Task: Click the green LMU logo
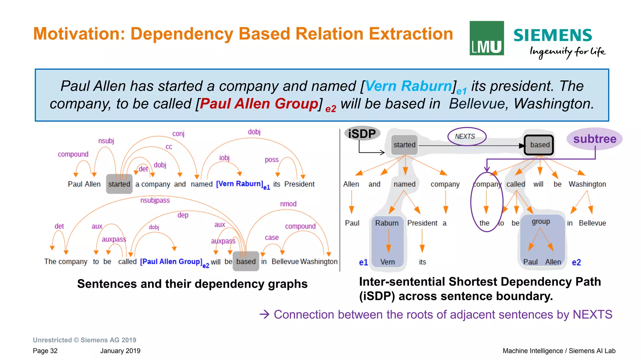486,38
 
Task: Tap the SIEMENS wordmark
552,35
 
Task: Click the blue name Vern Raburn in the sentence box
408,86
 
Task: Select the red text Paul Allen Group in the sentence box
259,104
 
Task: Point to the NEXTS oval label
466,136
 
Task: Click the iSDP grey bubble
362,134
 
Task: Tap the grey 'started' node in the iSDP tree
404,145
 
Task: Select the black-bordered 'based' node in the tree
539,145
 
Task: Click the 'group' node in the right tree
541,221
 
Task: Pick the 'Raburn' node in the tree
387,223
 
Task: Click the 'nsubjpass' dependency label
155,200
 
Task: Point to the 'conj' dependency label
178,134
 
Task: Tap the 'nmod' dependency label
288,204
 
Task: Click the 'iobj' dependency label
224,158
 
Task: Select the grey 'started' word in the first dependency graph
119,184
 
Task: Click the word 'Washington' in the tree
587,184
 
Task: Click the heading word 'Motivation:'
79,34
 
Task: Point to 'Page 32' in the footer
45,351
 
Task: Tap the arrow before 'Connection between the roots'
264,314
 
